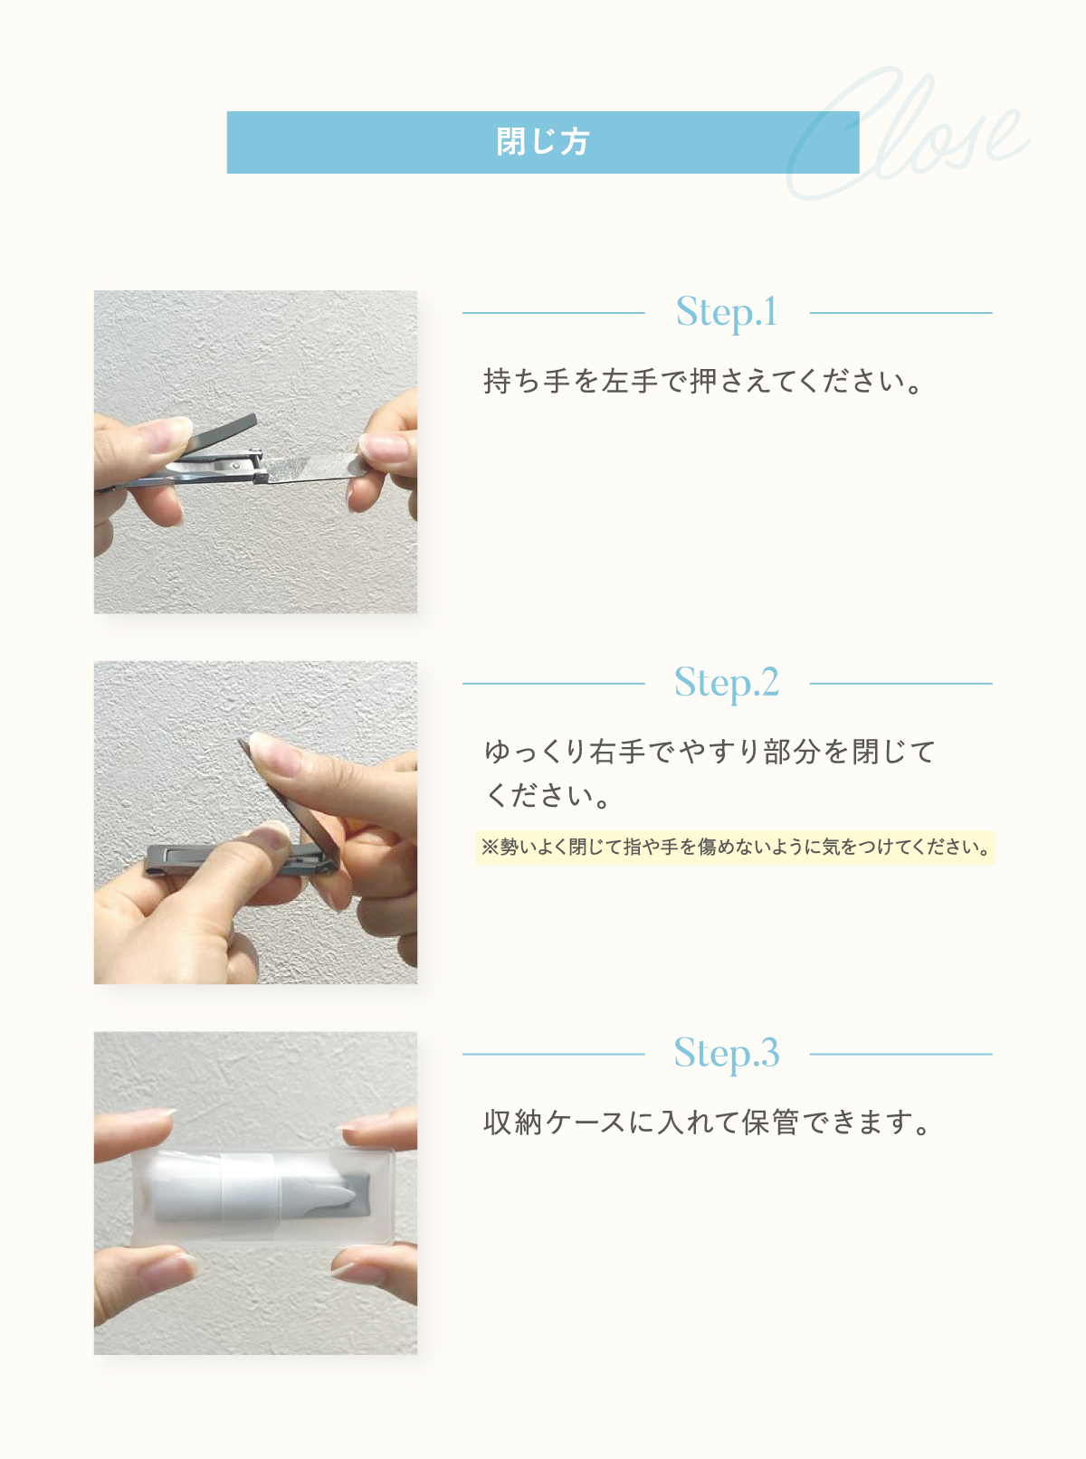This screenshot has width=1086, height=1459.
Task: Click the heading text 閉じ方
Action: click(x=542, y=141)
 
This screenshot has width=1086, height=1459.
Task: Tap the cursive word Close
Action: click(x=909, y=134)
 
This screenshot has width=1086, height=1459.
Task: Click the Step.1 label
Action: click(x=727, y=312)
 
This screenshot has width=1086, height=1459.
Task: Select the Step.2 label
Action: click(x=727, y=682)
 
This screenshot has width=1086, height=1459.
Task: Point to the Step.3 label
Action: click(x=727, y=1053)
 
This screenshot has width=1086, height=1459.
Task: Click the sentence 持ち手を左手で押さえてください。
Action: click(x=703, y=381)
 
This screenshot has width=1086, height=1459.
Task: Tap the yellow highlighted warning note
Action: click(x=735, y=848)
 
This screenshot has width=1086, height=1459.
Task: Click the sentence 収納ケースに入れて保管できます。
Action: click(x=707, y=1123)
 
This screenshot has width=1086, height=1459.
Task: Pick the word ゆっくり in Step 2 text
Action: click(x=534, y=752)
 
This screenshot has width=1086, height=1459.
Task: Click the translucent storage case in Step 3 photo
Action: click(x=262, y=1197)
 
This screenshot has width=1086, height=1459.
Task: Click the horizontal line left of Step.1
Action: click(x=554, y=313)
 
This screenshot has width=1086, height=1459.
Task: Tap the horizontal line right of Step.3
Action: click(x=901, y=1055)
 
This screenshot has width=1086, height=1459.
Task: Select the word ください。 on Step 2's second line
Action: click(x=548, y=795)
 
